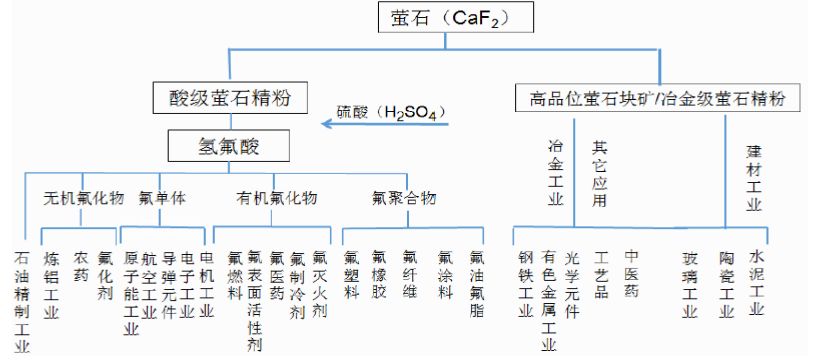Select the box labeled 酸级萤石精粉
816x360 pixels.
pyautogui.click(x=221, y=98)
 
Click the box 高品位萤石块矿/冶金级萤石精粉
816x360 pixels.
pyautogui.click(x=656, y=98)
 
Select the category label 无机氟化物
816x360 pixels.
pyautogui.click(x=82, y=197)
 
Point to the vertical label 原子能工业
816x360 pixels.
pyautogui.click(x=129, y=293)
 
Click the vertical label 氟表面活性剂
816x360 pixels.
pyautogui.click(x=256, y=299)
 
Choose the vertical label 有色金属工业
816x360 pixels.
pyautogui.click(x=548, y=299)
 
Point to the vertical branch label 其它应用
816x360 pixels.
pyautogui.click(x=600, y=172)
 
